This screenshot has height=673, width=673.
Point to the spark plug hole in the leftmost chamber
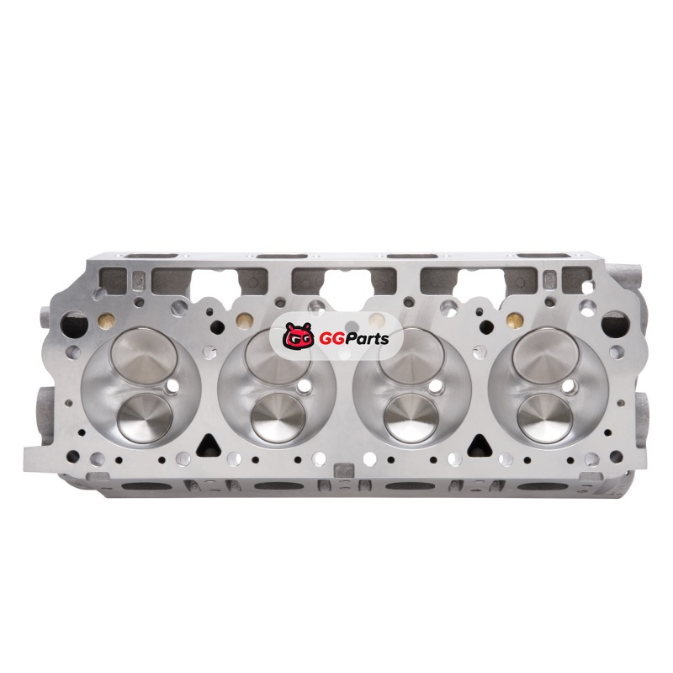[x=172, y=387]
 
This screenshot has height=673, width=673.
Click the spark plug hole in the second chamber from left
[x=306, y=387]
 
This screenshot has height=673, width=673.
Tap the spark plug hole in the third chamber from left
[x=438, y=387]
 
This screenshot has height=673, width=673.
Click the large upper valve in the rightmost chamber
[x=545, y=356]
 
